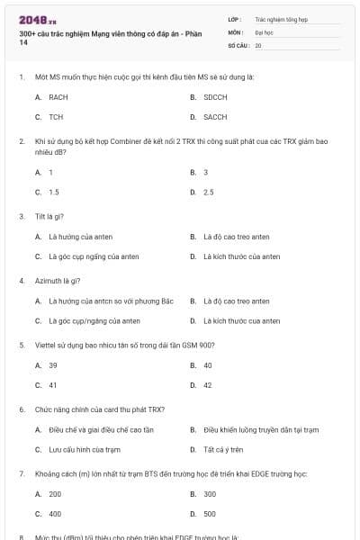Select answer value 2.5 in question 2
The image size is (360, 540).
coord(209,192)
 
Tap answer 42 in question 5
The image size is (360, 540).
coord(208,385)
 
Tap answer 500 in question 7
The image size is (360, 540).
coord(210,514)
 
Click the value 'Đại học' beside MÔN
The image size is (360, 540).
coord(264,31)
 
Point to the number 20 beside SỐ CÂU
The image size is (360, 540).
coord(258,44)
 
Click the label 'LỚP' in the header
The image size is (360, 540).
coord(235,18)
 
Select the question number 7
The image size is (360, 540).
coord(22,472)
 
